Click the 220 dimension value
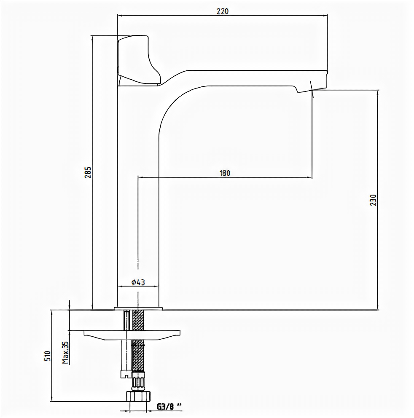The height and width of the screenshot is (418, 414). tap(222, 11)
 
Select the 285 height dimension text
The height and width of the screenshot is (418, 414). tap(88, 172)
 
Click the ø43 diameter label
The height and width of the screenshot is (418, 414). tap(138, 282)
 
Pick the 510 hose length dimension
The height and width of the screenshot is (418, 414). tap(47, 356)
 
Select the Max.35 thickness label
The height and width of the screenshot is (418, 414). tap(65, 352)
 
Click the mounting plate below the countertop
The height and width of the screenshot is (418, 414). tap(133, 334)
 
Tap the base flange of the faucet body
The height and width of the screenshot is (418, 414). tap(138, 308)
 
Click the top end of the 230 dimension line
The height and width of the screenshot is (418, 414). tap(377, 90)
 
